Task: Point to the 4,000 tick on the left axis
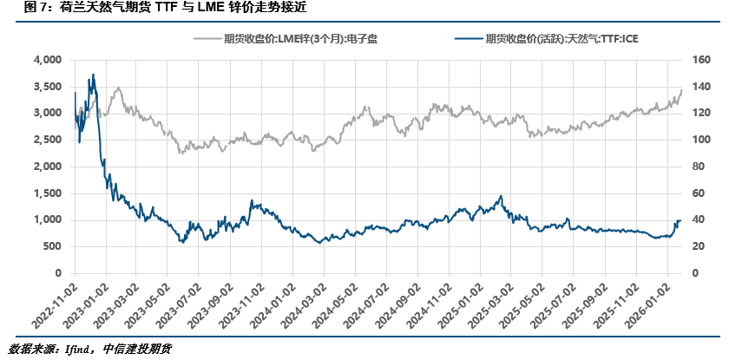tap(46, 60)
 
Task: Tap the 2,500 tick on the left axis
tap(46, 140)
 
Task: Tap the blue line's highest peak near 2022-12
tap(93, 75)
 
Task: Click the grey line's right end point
tap(681, 90)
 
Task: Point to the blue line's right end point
tap(681, 220)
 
